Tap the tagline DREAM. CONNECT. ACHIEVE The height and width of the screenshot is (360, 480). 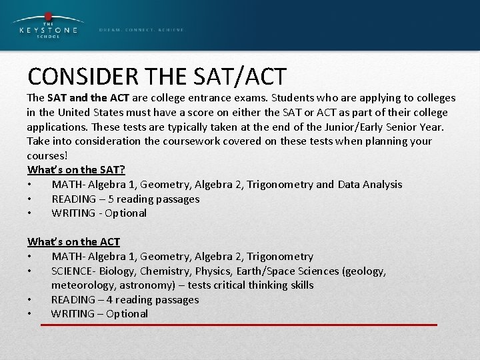(141, 30)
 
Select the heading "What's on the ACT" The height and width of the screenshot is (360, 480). (73, 242)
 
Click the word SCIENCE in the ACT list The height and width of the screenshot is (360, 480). (73, 271)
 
